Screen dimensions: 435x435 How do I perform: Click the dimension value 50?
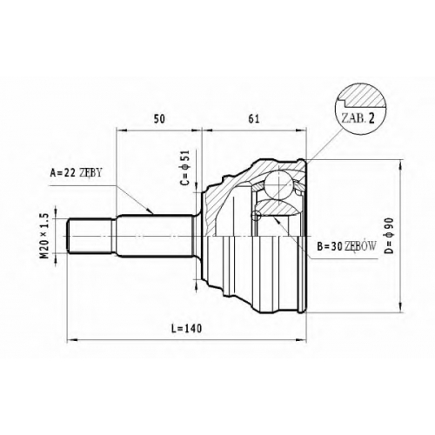pos(159,119)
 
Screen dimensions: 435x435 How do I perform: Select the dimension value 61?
pos(253,119)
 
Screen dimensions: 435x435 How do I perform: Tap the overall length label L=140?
pos(186,329)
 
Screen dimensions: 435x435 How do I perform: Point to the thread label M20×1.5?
pos(43,236)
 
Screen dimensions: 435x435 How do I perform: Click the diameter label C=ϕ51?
pos(185,168)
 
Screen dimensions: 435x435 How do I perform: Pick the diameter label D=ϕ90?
pos(389,236)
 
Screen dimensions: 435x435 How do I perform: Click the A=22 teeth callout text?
pos(76,173)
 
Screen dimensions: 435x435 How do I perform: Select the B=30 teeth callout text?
pos(346,246)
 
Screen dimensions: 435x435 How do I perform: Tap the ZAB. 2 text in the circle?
pos(358,118)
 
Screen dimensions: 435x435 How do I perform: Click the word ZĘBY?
pos(90,173)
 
